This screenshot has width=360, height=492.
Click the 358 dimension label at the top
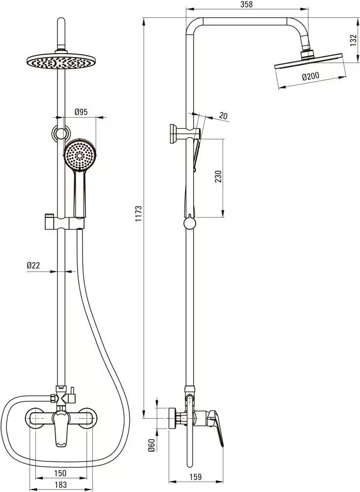coord(246,4)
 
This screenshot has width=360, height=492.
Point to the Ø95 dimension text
coord(81,112)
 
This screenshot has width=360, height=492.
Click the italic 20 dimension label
coord(223,116)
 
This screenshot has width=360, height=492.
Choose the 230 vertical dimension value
coord(218,176)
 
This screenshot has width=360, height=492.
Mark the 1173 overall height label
coord(139,214)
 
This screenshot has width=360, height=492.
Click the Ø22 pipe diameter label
coord(33,266)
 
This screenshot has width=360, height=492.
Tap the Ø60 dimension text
coord(151,446)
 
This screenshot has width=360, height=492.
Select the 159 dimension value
coord(195,477)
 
